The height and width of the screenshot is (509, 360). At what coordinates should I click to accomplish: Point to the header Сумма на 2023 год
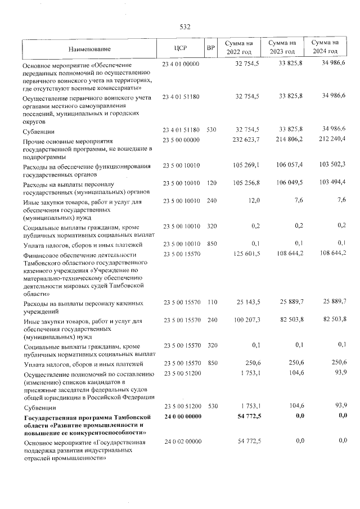click(x=282, y=47)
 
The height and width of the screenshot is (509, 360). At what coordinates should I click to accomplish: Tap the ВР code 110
click(x=211, y=303)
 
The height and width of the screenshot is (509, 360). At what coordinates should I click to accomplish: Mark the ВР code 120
click(x=211, y=183)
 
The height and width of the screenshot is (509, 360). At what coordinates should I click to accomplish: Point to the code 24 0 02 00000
click(x=181, y=443)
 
